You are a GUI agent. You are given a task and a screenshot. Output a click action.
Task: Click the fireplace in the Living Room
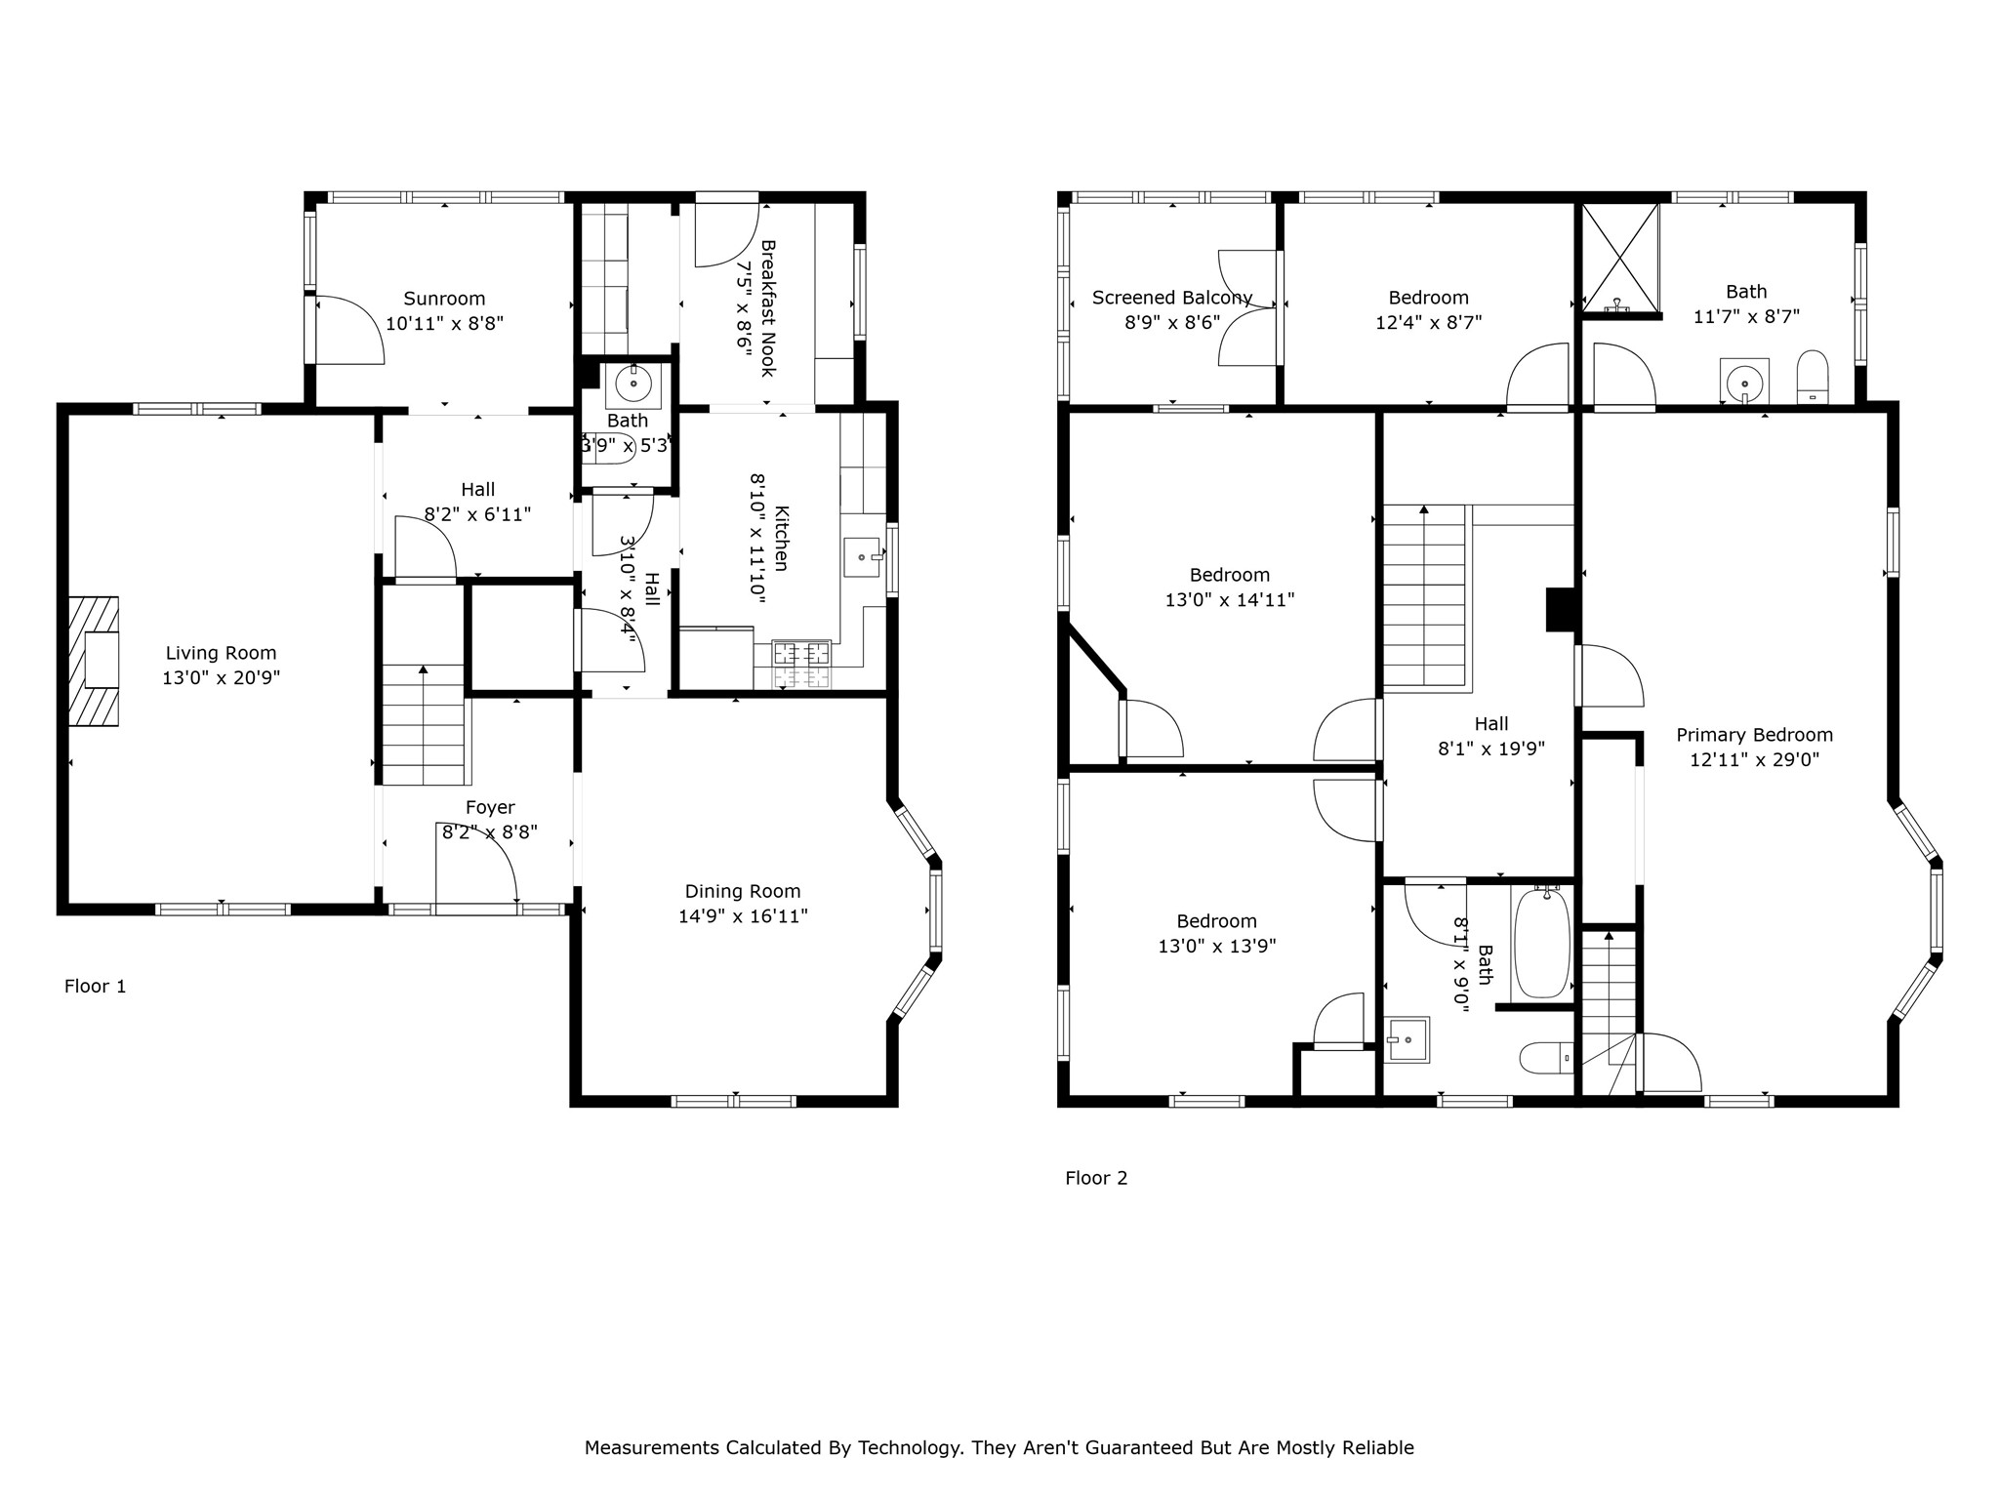point(94,661)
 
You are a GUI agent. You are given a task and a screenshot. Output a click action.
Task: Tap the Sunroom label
point(444,299)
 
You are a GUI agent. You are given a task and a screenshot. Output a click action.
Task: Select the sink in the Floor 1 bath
point(633,385)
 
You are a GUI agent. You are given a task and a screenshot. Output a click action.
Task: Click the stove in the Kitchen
point(801,665)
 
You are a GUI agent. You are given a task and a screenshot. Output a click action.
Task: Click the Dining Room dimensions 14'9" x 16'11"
point(743,916)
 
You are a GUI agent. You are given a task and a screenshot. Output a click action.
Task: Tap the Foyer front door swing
point(476,862)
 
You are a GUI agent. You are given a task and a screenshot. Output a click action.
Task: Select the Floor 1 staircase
point(423,724)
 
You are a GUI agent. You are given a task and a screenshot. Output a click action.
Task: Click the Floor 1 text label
point(95,986)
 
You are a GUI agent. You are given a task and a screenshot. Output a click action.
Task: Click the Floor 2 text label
point(1096,1178)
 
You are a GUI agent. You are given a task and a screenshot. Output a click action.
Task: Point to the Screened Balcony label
point(1172,298)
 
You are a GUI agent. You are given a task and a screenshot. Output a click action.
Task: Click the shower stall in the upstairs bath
point(1620,260)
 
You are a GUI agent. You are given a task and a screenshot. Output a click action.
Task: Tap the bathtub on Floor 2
point(1542,944)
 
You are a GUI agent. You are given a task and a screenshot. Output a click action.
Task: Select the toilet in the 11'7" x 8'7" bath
point(1813,377)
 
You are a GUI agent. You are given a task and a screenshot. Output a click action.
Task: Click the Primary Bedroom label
point(1754,735)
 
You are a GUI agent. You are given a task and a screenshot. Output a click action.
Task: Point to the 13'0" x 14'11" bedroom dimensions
point(1230,600)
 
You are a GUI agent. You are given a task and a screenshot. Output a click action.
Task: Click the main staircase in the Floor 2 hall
point(1425,597)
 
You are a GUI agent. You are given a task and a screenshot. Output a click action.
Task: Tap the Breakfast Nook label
point(767,308)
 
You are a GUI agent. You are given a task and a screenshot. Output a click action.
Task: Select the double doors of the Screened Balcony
point(1248,308)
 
